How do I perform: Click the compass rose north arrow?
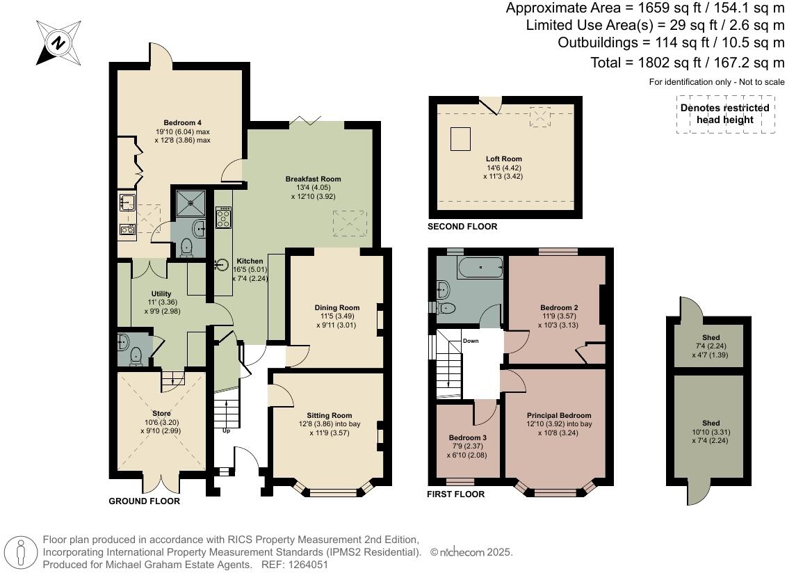[x=58, y=42]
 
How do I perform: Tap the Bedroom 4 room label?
[x=183, y=122]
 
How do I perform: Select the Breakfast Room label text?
[x=313, y=179]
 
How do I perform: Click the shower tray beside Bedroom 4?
[x=190, y=203]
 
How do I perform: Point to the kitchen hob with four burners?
[x=223, y=217]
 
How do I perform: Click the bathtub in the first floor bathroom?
[x=480, y=268]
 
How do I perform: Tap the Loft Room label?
[x=504, y=159]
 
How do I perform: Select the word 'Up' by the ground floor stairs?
[x=227, y=430]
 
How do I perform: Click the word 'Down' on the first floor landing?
[x=471, y=341]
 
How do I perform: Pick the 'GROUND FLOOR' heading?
[x=145, y=501]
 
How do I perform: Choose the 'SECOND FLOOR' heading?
[x=462, y=227]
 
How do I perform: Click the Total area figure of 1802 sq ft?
[x=687, y=63]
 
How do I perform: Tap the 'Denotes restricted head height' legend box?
[x=725, y=114]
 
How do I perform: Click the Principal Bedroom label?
[x=559, y=415]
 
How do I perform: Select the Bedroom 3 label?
[x=468, y=437]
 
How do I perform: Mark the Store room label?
[x=161, y=413]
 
